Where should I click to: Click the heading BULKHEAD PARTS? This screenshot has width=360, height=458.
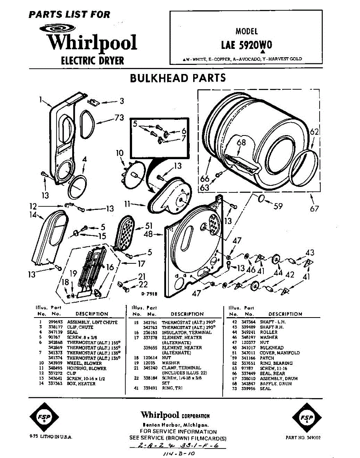[178, 78]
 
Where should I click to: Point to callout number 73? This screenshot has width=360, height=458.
[119, 118]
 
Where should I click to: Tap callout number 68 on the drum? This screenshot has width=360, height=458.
[241, 143]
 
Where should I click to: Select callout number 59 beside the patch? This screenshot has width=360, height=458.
[278, 206]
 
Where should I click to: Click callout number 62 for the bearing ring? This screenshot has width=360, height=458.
[314, 132]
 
